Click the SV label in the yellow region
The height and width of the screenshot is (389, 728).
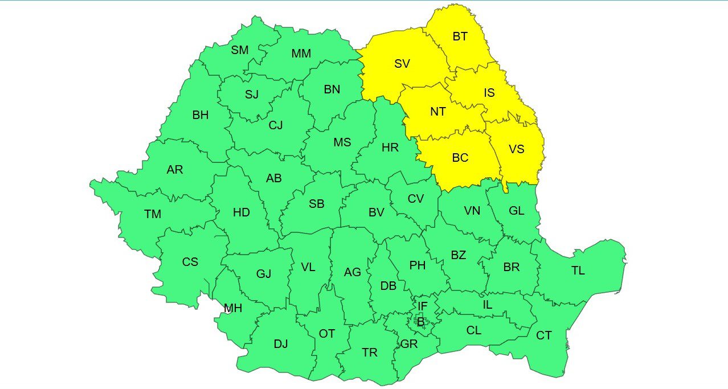[x=402, y=64]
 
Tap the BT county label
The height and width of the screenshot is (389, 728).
[x=460, y=36]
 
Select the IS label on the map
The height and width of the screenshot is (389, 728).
[x=489, y=93]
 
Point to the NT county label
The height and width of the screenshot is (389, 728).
[x=437, y=112]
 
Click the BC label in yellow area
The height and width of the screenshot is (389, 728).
[x=460, y=158]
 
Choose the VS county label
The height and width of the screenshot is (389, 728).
[x=516, y=149]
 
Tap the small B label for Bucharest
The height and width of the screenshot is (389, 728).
[x=421, y=322]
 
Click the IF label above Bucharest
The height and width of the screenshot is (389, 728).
[x=422, y=306]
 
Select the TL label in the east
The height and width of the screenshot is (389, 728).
[x=578, y=271]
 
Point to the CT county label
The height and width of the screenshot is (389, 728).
[x=543, y=335]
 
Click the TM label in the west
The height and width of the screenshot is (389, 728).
[x=153, y=214]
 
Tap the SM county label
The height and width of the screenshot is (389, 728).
[x=240, y=50]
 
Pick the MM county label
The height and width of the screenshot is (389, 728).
[x=301, y=54]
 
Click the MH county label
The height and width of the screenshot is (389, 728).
[x=233, y=309]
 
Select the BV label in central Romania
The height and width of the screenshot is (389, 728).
[x=377, y=212]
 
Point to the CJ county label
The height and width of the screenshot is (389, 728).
[x=276, y=125]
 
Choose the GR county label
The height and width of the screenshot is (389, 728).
[x=409, y=344]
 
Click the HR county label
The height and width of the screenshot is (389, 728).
[x=390, y=148]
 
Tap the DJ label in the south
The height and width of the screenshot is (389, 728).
[x=281, y=344]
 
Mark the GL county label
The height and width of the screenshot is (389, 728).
[x=516, y=211]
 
